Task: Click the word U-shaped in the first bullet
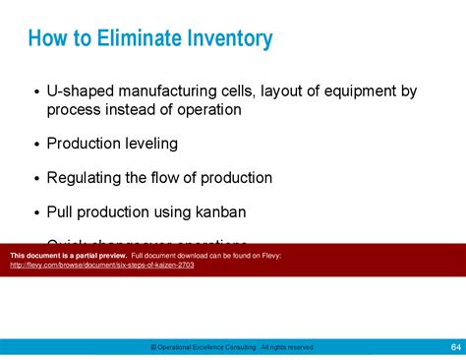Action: pos(77,91)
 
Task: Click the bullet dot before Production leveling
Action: pos(37,145)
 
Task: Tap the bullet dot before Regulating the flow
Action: pos(37,179)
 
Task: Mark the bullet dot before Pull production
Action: pos(37,212)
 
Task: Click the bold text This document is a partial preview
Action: pos(68,256)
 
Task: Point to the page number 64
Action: pos(455,346)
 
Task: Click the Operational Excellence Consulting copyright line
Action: pos(232,346)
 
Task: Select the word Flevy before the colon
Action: pos(270,256)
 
